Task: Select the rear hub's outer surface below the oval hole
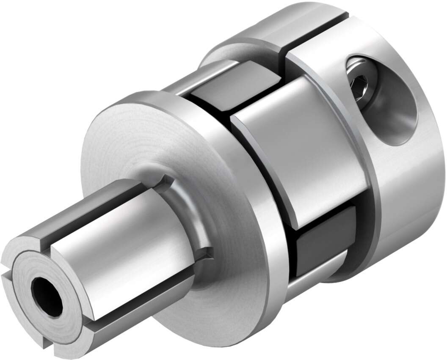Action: click(x=406, y=190)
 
